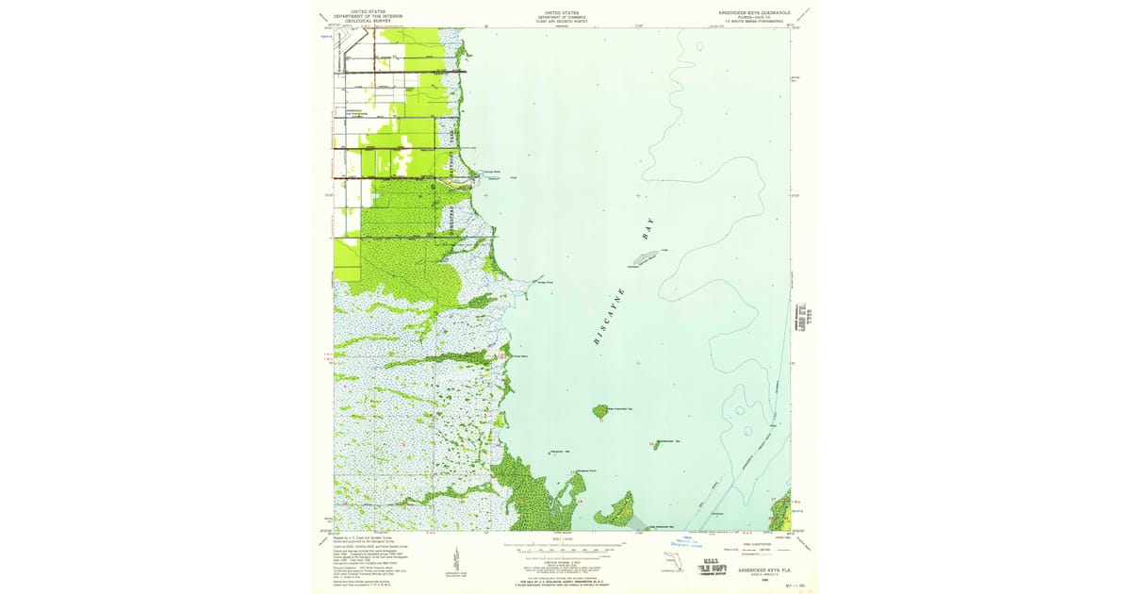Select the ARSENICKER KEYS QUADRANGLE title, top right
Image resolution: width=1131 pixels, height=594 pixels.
pyautogui.click(x=752, y=13)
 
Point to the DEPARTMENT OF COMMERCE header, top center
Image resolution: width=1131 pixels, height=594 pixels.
pyautogui.click(x=562, y=16)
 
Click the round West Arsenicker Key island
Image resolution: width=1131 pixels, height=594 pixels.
pyautogui.click(x=599, y=411)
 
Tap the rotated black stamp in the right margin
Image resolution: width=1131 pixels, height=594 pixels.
pyautogui.click(x=806, y=318)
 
